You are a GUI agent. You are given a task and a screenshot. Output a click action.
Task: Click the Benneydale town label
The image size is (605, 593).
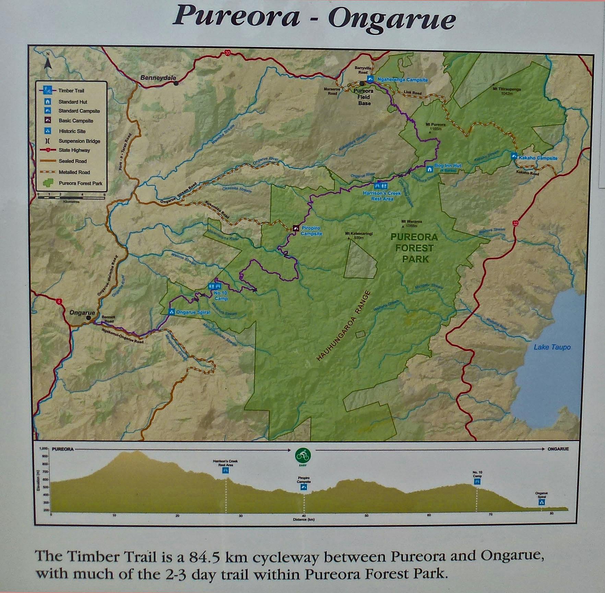tap(158, 78)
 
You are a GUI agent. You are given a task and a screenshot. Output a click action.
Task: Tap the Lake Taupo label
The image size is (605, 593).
tap(552, 347)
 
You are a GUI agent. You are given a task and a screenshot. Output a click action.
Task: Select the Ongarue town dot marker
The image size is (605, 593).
tap(88, 318)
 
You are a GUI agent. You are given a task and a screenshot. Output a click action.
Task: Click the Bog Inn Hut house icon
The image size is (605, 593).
tap(429, 169)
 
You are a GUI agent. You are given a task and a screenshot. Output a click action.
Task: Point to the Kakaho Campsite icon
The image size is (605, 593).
tap(513, 156)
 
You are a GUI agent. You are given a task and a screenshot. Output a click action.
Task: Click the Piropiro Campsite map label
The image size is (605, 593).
tap(311, 231)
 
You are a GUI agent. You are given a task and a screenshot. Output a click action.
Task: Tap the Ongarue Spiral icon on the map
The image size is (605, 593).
tap(171, 312)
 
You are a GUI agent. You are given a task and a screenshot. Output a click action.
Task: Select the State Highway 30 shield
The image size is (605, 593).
tap(227, 53)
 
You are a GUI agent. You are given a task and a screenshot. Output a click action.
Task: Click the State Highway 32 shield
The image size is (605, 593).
tap(515, 223)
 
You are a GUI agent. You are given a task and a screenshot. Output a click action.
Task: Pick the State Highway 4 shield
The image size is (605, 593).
tap(60, 302)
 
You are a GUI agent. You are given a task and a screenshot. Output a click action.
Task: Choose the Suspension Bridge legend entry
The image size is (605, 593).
tap(79, 141)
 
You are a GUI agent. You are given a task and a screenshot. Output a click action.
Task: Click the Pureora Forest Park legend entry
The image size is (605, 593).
tap(80, 183)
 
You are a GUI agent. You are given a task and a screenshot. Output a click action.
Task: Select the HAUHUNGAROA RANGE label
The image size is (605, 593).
tap(343, 326)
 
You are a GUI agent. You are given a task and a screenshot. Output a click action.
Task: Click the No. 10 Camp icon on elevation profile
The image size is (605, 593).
tap(477, 482)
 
